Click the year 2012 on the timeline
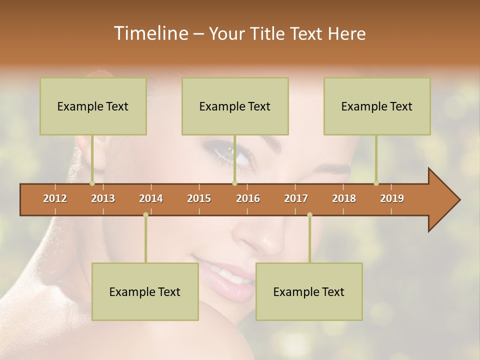(x=55, y=198)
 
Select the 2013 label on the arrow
(x=103, y=198)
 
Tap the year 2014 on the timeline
(x=151, y=198)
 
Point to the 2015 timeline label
(x=199, y=198)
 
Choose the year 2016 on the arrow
(x=248, y=198)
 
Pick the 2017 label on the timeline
(x=296, y=198)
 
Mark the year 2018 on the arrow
(x=344, y=198)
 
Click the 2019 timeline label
(x=392, y=198)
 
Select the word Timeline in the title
(x=150, y=33)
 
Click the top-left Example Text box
(x=93, y=106)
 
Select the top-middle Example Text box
(x=235, y=106)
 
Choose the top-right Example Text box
(x=377, y=106)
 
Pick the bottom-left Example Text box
(x=145, y=291)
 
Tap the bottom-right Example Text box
(x=309, y=291)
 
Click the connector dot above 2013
(x=92, y=183)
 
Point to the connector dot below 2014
(x=145, y=215)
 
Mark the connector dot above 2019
(x=376, y=183)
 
